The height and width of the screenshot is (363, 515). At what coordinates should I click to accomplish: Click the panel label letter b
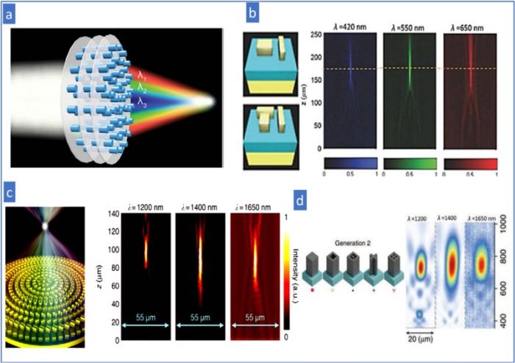point(252,13)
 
